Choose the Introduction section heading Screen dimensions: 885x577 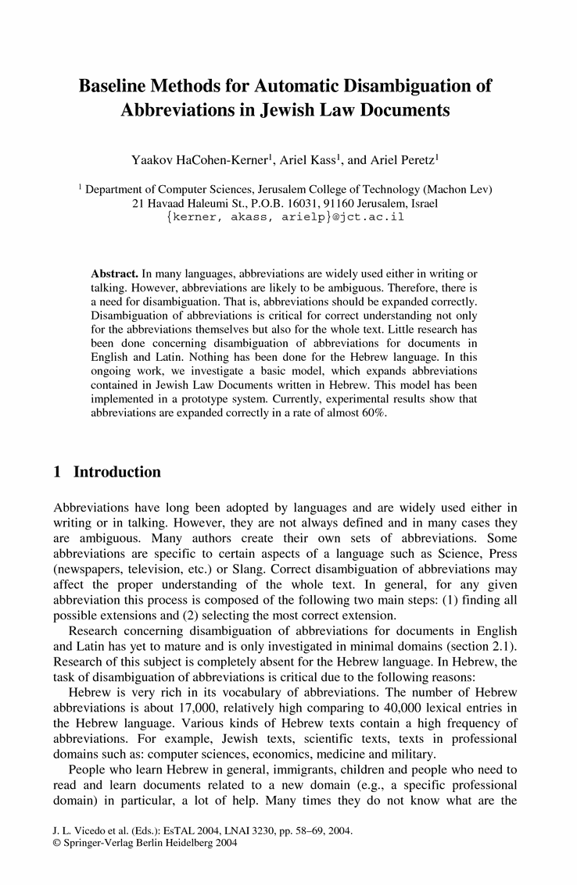coord(117,472)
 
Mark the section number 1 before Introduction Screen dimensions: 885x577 coord(56,472)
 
